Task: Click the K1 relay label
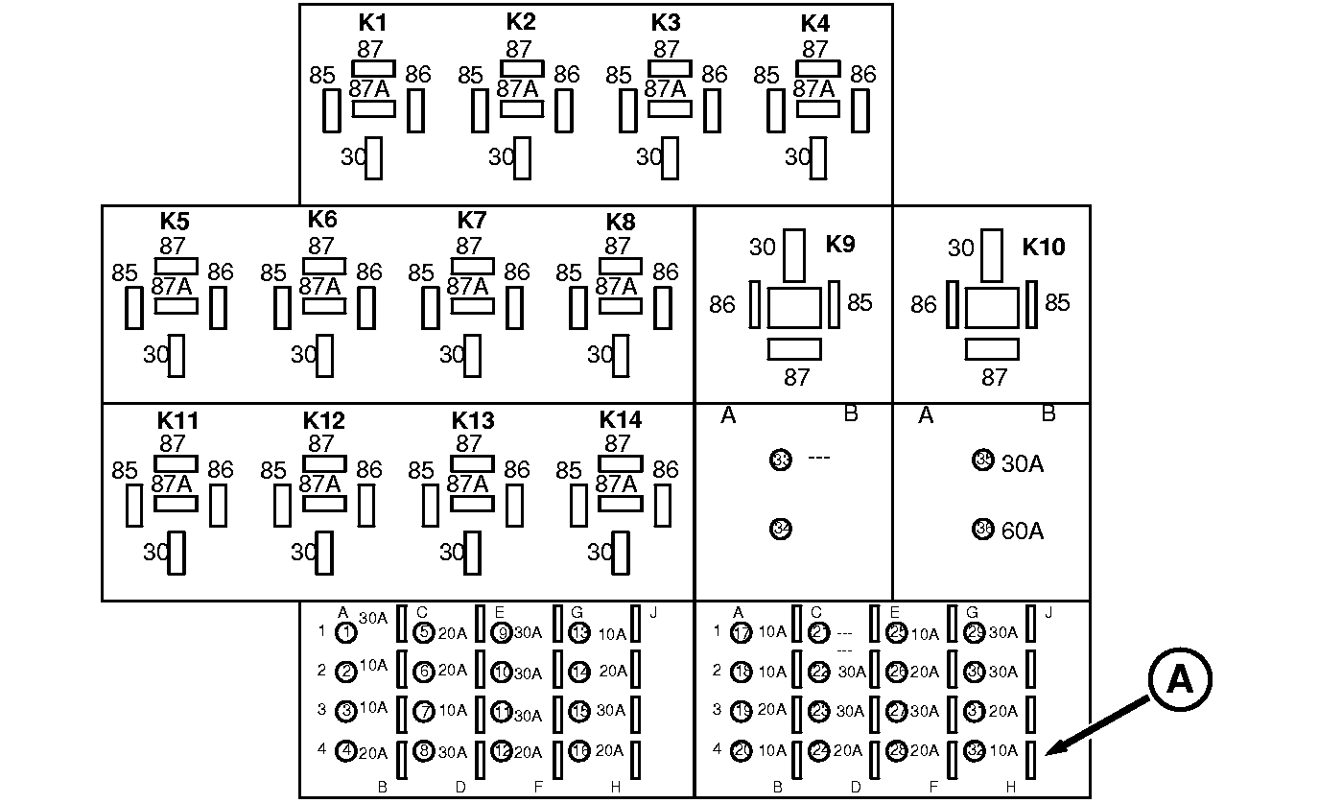coord(372,22)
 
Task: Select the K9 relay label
coord(839,244)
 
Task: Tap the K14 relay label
coord(621,420)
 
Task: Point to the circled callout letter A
coord(1179,679)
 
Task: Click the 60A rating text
coord(1023,531)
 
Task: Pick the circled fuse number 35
coord(983,460)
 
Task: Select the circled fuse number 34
coord(781,529)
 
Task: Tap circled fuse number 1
coord(346,632)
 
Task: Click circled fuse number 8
coord(424,751)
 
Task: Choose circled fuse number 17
coord(740,632)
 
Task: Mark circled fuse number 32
coord(977,751)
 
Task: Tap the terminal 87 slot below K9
coord(795,348)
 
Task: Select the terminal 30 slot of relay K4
coord(817,157)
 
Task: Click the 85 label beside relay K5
coord(125,273)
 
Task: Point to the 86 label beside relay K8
coord(665,272)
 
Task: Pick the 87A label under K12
coord(319,484)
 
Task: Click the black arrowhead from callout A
coord(1051,751)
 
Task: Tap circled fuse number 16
coord(579,751)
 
